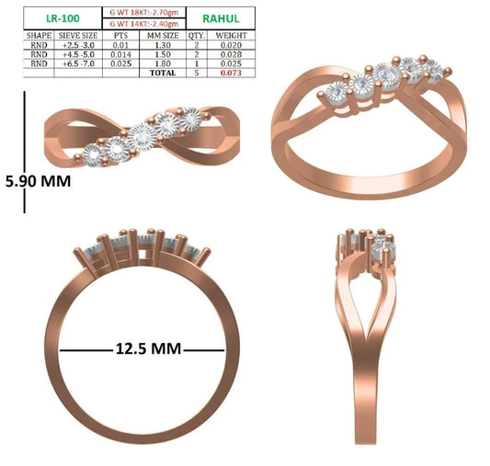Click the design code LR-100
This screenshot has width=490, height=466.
tap(63, 18)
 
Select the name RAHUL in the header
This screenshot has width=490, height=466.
tap(221, 18)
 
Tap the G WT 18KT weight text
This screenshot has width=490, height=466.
tap(144, 13)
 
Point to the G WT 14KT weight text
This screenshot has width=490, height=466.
tap(144, 24)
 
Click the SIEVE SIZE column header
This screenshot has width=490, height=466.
tap(78, 35)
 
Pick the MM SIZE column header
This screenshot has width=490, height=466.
tap(163, 35)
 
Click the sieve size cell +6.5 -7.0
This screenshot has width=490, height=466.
tap(78, 63)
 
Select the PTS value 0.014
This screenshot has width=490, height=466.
tap(120, 54)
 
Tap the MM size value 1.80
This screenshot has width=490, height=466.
tap(163, 63)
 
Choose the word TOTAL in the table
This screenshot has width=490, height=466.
tap(163, 73)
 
